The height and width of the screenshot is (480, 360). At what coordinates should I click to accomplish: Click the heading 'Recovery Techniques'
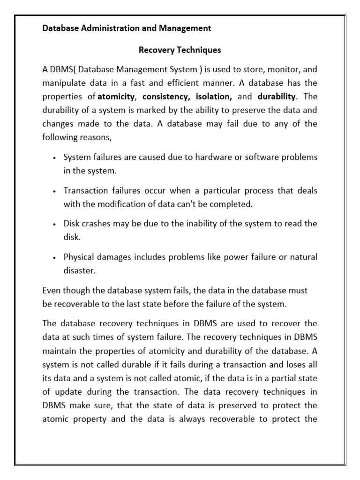tap(180, 49)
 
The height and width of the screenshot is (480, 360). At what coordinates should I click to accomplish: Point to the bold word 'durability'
tap(277, 97)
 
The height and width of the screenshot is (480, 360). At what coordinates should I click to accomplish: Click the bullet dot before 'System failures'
tap(55, 158)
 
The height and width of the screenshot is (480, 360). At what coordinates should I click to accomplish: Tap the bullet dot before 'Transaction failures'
tap(55, 191)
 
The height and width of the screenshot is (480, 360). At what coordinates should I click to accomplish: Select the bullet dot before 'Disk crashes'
tap(55, 224)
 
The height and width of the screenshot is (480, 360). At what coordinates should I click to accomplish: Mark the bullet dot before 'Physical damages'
tap(55, 257)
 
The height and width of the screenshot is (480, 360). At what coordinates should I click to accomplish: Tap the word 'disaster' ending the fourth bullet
tap(78, 270)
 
